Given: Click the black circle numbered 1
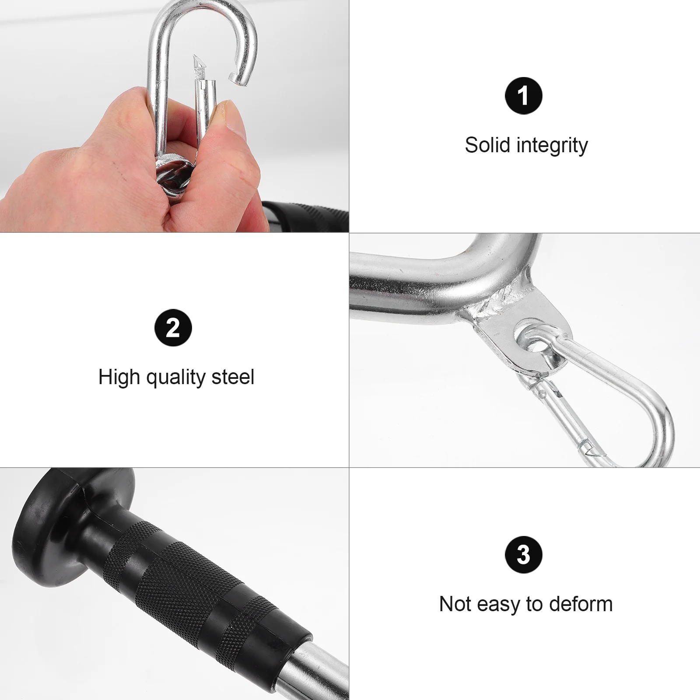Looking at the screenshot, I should click(523, 96).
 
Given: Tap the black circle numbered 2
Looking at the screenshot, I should click(173, 328).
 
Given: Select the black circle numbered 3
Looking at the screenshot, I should click(523, 555).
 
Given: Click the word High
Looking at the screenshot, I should click(119, 377).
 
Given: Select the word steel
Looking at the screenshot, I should click(232, 377).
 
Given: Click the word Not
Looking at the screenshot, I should click(455, 604).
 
